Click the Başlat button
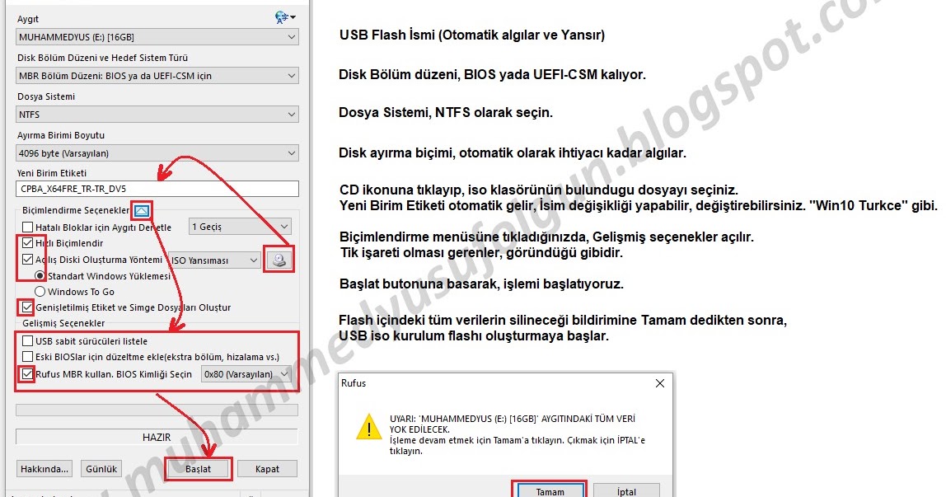tap(199, 469)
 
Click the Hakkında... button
tap(44, 469)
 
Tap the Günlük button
tap(101, 469)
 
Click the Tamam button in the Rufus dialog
tap(550, 491)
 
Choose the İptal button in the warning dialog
tap(626, 491)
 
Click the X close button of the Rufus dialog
tap(660, 383)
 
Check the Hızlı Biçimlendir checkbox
tap(28, 243)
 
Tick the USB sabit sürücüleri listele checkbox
tap(28, 340)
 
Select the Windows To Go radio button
tap(40, 291)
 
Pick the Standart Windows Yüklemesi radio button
tap(40, 275)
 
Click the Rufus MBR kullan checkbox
tap(28, 374)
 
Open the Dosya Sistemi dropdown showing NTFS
tap(157, 114)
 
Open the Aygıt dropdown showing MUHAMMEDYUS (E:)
tap(157, 37)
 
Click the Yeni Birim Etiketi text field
tap(157, 189)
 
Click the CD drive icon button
tap(279, 260)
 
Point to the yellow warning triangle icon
tap(368, 426)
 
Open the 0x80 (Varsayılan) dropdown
tap(246, 374)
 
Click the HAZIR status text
tap(157, 438)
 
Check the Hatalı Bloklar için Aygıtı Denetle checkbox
tap(28, 227)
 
